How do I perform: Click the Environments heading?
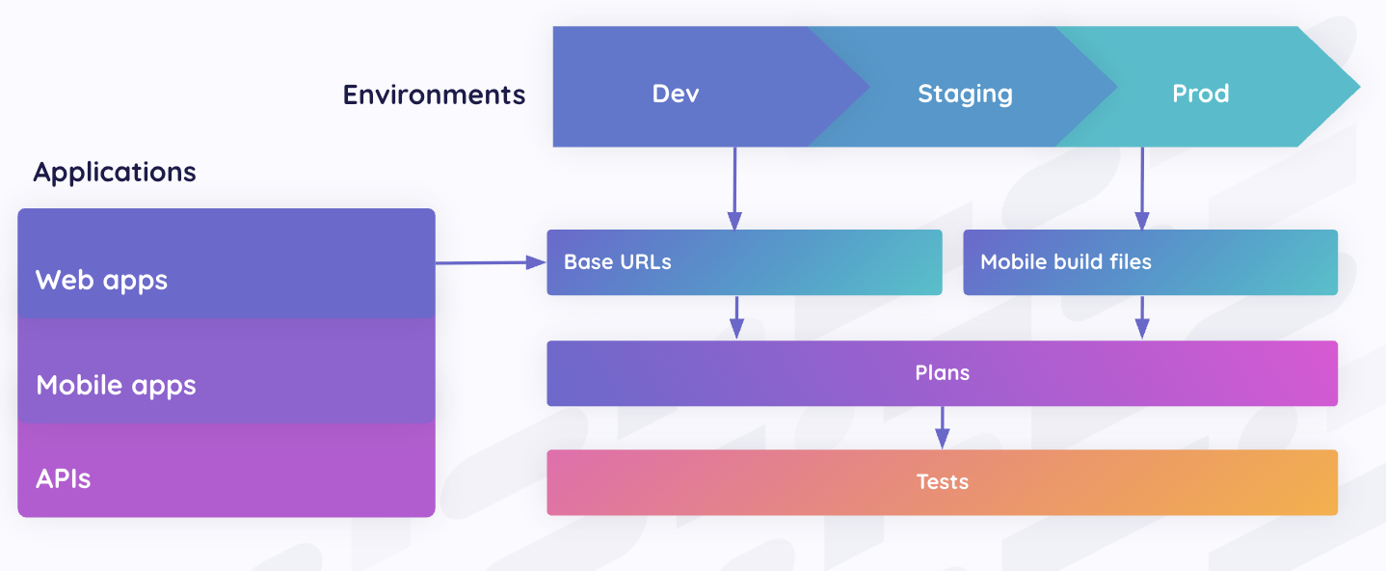tap(434, 95)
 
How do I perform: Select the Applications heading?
tap(115, 172)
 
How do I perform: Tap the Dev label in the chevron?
tap(675, 94)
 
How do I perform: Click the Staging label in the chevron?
tap(965, 94)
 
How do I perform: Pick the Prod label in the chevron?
tap(1200, 94)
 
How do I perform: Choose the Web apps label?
tap(101, 280)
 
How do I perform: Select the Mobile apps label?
tap(116, 385)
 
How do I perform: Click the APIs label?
tap(63, 478)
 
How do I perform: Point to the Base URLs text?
tap(617, 261)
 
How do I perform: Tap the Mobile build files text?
tap(1065, 261)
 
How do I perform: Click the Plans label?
tap(942, 372)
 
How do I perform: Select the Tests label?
tap(942, 481)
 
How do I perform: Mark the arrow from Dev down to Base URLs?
tap(734, 188)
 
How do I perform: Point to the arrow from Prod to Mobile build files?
tap(1142, 188)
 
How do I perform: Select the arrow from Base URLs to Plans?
tap(736, 317)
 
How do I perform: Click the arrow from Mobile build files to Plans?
tap(1142, 317)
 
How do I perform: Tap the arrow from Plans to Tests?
tap(942, 427)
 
